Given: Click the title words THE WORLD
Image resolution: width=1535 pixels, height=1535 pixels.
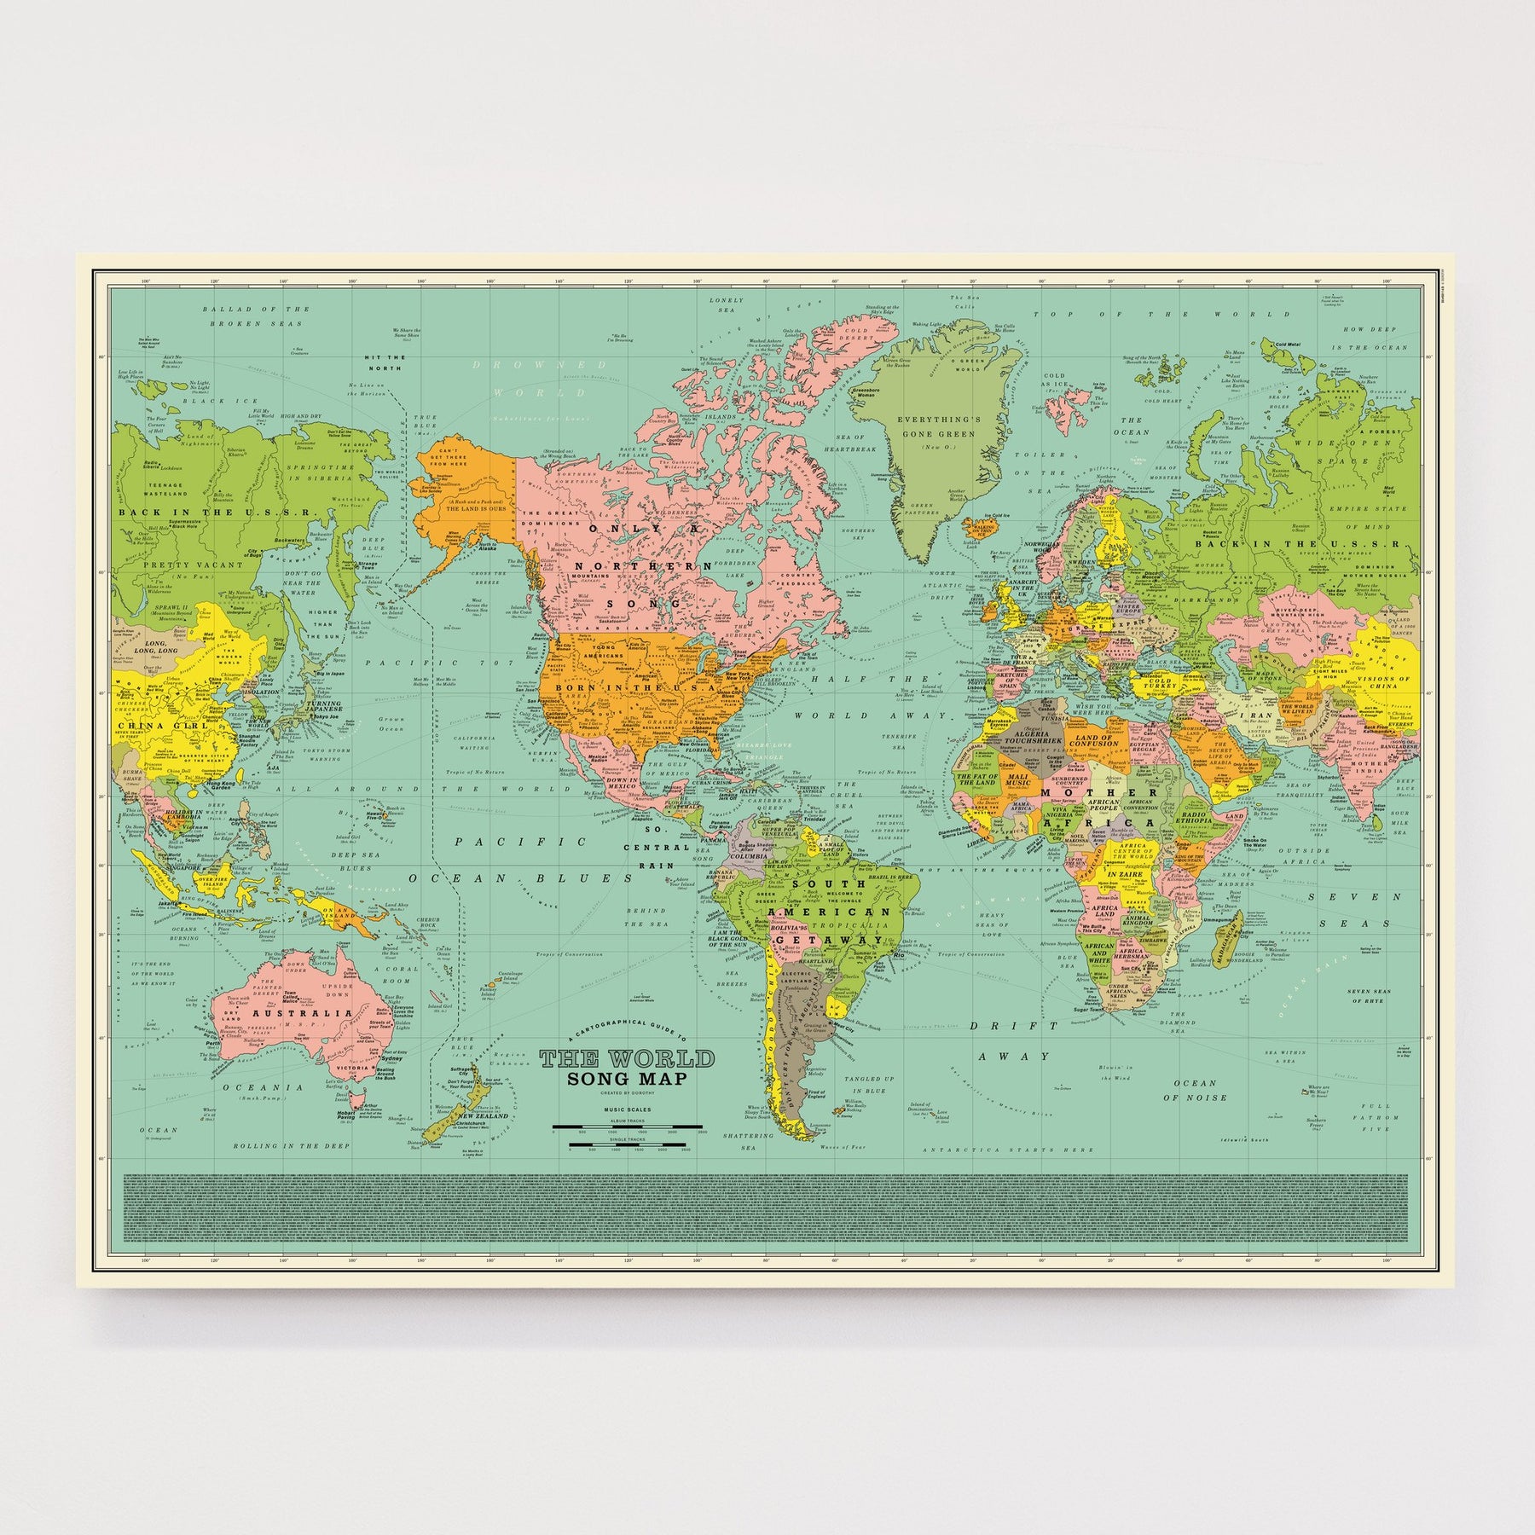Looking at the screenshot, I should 627,1059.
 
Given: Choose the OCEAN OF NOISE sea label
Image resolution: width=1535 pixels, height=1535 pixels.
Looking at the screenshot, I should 1194,1090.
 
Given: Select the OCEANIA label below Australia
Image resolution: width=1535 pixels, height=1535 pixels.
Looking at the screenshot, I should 264,1087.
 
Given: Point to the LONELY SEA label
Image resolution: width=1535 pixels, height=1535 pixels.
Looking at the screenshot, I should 727,305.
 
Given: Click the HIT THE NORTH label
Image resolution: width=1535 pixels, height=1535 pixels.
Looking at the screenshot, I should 384,362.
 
